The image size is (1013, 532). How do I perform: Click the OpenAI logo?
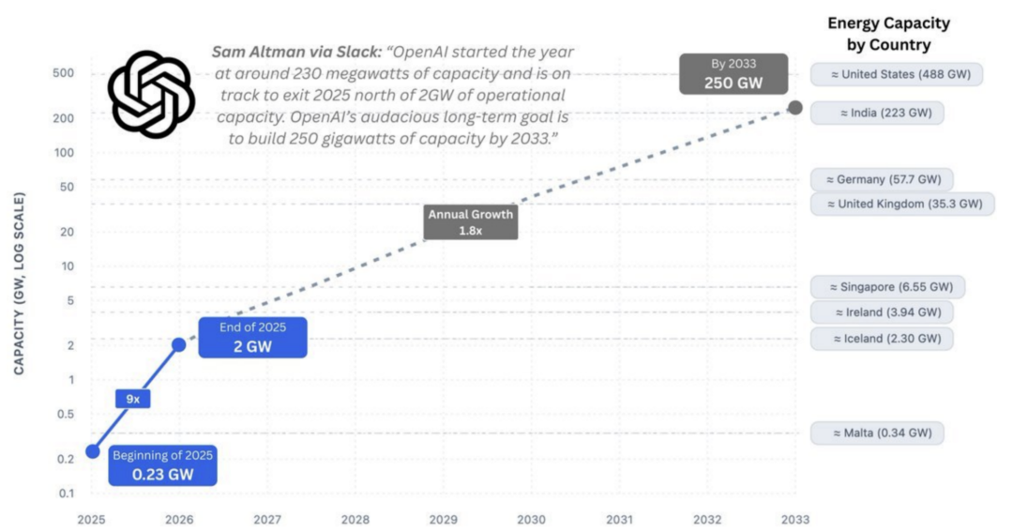coord(150,88)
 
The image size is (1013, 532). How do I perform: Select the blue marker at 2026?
coord(179,344)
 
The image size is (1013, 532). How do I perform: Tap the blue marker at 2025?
coord(92,451)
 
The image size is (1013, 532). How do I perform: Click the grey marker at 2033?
coord(794,108)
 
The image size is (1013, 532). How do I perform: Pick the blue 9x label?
coord(133,399)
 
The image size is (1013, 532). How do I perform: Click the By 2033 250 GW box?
coord(733,74)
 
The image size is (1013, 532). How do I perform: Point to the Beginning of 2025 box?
coord(163,464)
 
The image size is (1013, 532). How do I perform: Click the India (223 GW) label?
coord(878,113)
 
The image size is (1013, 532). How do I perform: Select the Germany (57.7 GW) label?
coord(882,179)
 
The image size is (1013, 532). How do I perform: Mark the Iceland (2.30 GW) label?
coord(882,339)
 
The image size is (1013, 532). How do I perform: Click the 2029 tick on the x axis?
coord(443,519)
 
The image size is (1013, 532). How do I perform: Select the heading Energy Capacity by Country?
coord(888,34)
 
